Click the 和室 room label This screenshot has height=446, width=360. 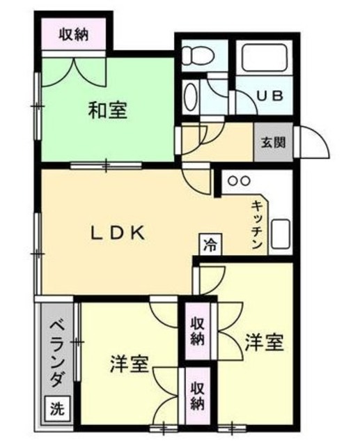point(108,109)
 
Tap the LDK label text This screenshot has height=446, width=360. point(119,233)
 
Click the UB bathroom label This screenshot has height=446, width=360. point(271,95)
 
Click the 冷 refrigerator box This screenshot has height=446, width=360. point(210,244)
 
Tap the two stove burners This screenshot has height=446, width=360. point(240,180)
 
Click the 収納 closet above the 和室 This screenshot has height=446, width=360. point(73,33)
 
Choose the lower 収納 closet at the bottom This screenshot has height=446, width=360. point(198,396)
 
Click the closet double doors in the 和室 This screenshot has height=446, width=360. point(73,70)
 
